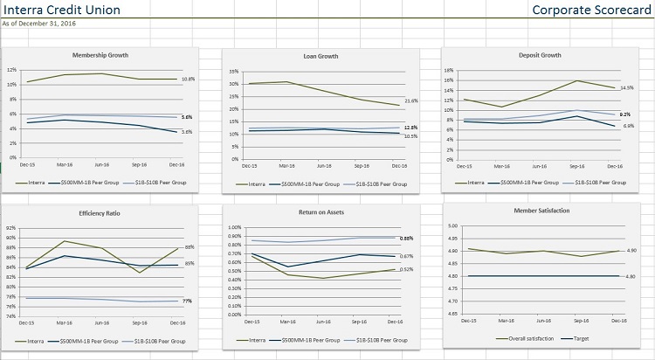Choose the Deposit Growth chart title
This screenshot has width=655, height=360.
point(539,55)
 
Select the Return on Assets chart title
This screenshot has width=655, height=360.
point(321,214)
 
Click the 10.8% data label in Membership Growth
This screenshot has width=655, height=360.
point(188,80)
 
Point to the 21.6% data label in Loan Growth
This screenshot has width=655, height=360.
point(411,100)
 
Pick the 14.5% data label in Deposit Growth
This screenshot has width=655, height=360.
point(626,88)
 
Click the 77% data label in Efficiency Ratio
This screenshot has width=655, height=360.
point(187,301)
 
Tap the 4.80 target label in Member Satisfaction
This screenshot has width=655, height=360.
point(631,276)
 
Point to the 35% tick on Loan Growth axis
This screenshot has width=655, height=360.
point(233,72)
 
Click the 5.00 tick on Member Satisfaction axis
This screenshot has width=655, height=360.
point(453,226)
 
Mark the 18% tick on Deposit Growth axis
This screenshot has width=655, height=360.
point(448,70)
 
